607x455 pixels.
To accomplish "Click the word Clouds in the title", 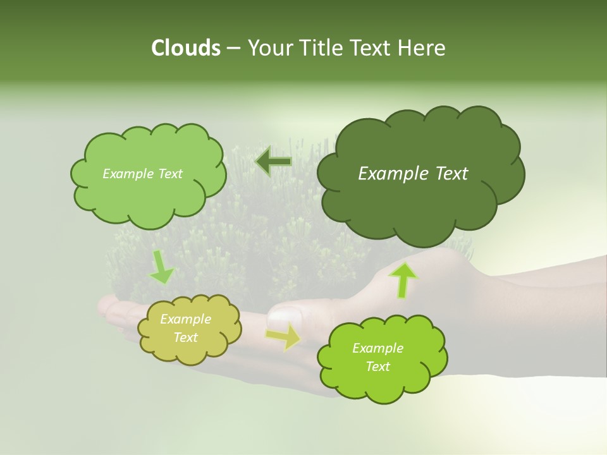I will [x=185, y=48].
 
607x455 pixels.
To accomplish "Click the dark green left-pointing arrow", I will [x=273, y=162].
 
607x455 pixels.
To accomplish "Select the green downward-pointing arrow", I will [x=162, y=267].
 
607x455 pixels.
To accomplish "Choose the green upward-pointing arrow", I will [x=403, y=279].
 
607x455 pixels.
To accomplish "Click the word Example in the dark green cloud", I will [x=393, y=174].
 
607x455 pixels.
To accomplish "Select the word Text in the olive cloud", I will [x=186, y=337].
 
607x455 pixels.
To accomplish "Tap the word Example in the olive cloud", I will [x=186, y=319].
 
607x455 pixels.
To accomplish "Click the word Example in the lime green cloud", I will [x=377, y=348].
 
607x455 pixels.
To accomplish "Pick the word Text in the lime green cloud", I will [x=377, y=367].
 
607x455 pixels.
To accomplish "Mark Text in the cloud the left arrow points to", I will [x=170, y=174].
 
